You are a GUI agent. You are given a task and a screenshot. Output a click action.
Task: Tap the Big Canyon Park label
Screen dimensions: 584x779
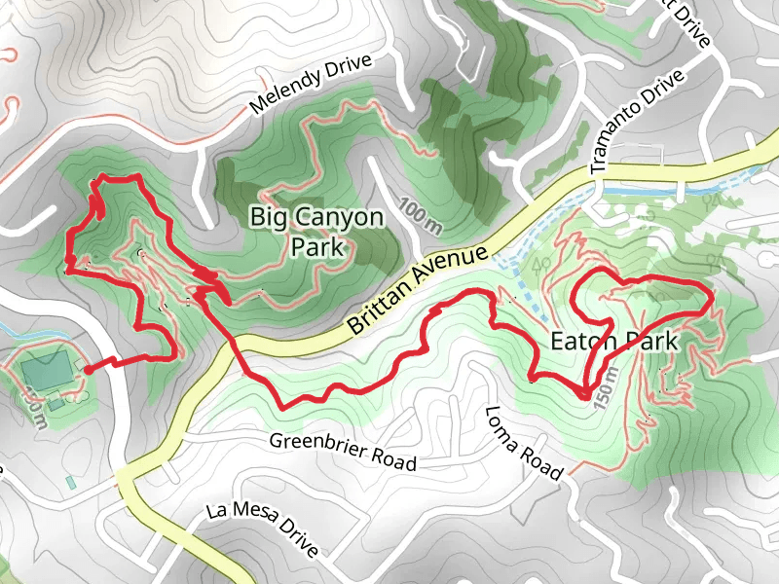(x=317, y=232)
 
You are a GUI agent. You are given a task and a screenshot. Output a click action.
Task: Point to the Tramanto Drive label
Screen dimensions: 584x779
(x=638, y=123)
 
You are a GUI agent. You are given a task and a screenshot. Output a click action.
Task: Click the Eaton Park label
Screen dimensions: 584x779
(x=613, y=343)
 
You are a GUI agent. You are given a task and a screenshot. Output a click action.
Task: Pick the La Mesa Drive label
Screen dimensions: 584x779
(x=264, y=531)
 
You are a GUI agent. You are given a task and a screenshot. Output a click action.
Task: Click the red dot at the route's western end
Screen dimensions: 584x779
(x=88, y=369)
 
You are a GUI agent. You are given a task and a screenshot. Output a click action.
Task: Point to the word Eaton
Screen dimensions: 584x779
(x=581, y=343)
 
